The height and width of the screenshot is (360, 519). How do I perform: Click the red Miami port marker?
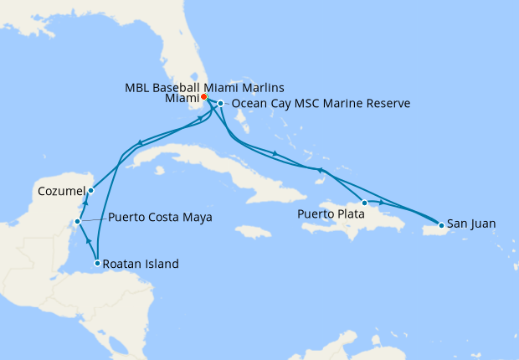pyautogui.click(x=204, y=96)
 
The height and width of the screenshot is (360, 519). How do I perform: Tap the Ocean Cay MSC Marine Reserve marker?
pyautogui.click(x=220, y=104)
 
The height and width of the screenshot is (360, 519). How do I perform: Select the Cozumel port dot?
pyautogui.click(x=90, y=191)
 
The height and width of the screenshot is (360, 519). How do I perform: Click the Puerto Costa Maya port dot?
pyautogui.click(x=77, y=222)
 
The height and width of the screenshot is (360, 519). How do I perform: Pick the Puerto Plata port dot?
pyautogui.click(x=364, y=203)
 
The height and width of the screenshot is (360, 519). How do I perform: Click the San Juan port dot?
pyautogui.click(x=441, y=224)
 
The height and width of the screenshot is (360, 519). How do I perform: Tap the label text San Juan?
pyautogui.click(x=471, y=224)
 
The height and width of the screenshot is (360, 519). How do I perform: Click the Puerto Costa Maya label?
pyautogui.click(x=160, y=218)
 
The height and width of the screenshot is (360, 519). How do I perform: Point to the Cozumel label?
pyautogui.click(x=61, y=192)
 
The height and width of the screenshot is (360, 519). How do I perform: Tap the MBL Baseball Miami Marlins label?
pyautogui.click(x=205, y=87)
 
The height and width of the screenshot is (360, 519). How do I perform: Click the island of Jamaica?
pyautogui.click(x=254, y=229)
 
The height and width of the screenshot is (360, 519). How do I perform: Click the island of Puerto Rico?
pyautogui.click(x=427, y=225)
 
